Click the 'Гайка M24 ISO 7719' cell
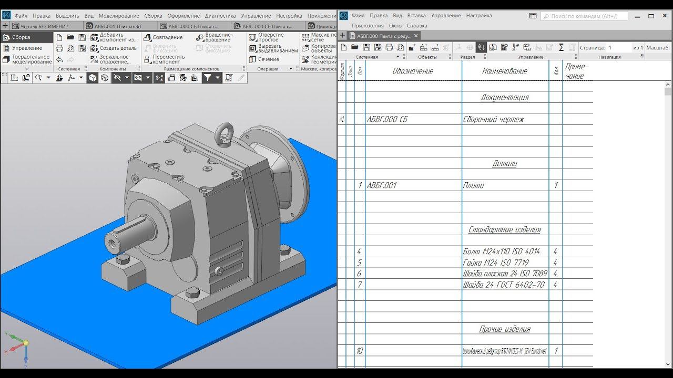(x=495, y=262)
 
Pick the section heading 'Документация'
(x=504, y=97)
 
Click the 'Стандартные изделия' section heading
(x=504, y=229)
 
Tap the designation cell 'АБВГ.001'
(x=382, y=185)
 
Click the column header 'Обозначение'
(x=413, y=71)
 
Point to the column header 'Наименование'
(x=504, y=71)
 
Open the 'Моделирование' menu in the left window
(x=119, y=16)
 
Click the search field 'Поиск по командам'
(x=585, y=16)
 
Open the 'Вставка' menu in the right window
(x=416, y=16)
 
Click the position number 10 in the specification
(x=360, y=351)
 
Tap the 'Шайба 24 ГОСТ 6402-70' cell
(x=503, y=285)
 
